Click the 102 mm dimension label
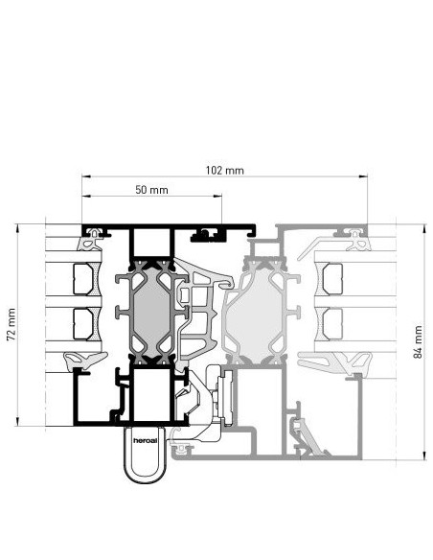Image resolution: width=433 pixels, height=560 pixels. [x=225, y=171]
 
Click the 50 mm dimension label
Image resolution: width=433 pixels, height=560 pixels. [x=151, y=190]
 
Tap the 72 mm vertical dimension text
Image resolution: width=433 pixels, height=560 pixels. [x=11, y=324]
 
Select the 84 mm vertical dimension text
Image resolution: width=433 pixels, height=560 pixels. [x=418, y=341]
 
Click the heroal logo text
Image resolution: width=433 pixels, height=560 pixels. [x=145, y=441]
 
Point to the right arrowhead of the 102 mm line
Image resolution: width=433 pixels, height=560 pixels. [x=363, y=176]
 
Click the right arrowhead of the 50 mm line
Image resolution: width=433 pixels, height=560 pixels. [x=217, y=196]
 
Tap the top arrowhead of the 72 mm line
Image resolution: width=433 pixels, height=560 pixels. [x=16, y=228]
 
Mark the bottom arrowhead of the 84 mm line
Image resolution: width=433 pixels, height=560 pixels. [x=424, y=455]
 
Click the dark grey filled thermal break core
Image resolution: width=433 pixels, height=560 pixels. [x=150, y=312]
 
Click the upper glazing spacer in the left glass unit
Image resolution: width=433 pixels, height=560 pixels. [x=82, y=279]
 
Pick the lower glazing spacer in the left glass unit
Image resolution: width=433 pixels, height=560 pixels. [x=82, y=323]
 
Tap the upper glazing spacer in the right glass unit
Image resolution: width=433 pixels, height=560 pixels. [x=332, y=279]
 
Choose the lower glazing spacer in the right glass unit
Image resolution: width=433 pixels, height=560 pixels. [x=332, y=323]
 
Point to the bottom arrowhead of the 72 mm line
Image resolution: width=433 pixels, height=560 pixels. [x=16, y=421]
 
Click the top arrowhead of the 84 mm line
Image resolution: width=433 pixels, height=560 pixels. [x=424, y=228]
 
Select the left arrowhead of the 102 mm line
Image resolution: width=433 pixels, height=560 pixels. [x=86, y=176]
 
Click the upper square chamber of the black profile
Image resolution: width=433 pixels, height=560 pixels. [x=151, y=243]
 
